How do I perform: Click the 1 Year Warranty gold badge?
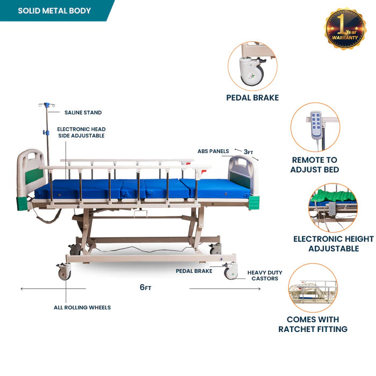click(345, 28)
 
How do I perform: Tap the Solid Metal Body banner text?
click(54, 11)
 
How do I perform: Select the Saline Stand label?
click(83, 113)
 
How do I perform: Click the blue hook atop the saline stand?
click(47, 105)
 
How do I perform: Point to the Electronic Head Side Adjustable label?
click(81, 132)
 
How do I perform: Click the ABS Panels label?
click(213, 151)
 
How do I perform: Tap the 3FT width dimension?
click(248, 152)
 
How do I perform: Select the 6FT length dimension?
click(145, 287)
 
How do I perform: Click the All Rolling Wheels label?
click(82, 307)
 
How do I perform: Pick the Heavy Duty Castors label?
click(264, 276)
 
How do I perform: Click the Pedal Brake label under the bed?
click(194, 271)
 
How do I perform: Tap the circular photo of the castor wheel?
click(252, 66)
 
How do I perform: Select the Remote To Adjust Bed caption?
click(314, 164)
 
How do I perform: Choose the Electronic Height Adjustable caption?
click(333, 243)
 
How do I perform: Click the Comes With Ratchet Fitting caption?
click(313, 324)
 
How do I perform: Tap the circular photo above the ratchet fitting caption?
click(313, 288)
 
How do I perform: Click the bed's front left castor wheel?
click(64, 273)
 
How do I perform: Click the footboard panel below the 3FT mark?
click(242, 173)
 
